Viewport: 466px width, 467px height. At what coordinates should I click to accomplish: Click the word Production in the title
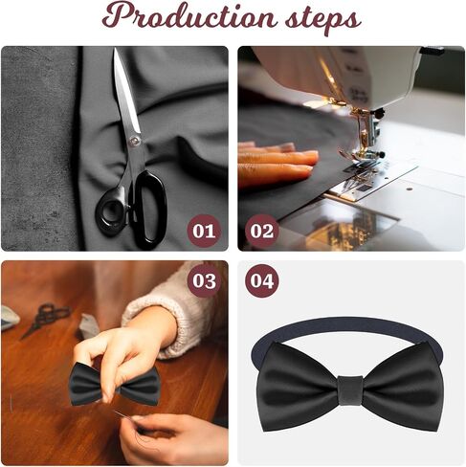[189, 16]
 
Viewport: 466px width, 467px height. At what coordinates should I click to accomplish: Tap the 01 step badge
[204, 231]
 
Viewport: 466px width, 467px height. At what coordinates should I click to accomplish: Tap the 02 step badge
[262, 231]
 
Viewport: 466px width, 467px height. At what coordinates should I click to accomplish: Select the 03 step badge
[204, 280]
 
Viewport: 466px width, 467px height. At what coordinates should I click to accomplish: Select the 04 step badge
[262, 280]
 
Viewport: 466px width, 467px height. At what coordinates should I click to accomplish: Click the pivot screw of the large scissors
[134, 140]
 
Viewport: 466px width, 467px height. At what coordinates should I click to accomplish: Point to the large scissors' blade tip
[116, 49]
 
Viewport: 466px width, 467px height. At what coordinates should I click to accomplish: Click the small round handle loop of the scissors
[112, 211]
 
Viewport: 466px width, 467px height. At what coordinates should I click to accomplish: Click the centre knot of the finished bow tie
[350, 390]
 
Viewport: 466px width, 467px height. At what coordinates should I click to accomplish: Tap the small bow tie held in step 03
[114, 384]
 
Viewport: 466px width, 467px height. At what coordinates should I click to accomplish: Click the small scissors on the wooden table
[45, 319]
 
